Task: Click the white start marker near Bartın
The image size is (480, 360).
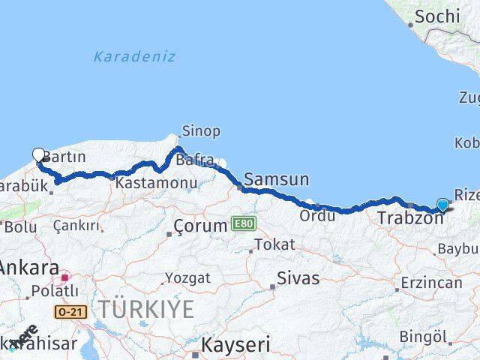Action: point(39,155)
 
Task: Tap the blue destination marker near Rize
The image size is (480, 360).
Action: point(442,205)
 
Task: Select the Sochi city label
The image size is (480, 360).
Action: point(437,16)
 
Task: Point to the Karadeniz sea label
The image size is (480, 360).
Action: point(135,56)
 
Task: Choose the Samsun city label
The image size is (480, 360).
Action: point(276,179)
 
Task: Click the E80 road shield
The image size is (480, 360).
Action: point(243,223)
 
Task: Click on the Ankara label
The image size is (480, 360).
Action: point(28,267)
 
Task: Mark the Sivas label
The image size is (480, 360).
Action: point(298,278)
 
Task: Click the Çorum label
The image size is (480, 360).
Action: point(199,226)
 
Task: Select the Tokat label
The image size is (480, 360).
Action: point(274,244)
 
